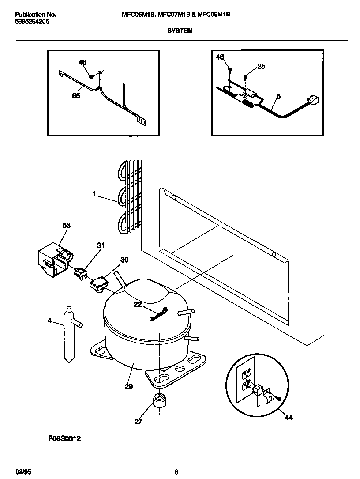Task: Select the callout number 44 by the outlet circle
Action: tap(289, 418)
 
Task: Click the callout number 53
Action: tap(66, 225)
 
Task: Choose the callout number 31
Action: tap(101, 246)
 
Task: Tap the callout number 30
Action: tap(124, 260)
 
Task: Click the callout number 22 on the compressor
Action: tap(138, 305)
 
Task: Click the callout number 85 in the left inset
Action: tap(76, 95)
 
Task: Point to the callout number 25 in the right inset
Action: tap(261, 66)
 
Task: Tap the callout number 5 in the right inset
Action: tap(278, 95)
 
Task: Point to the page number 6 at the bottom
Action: tap(176, 471)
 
